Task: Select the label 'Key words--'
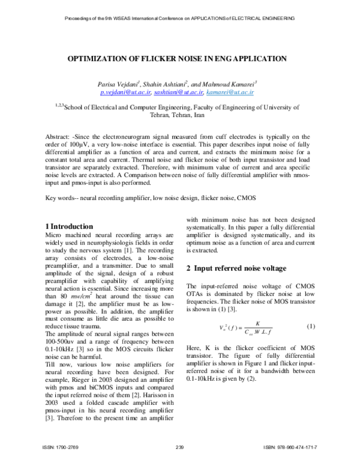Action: click(60, 198)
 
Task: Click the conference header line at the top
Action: click(179, 19)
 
